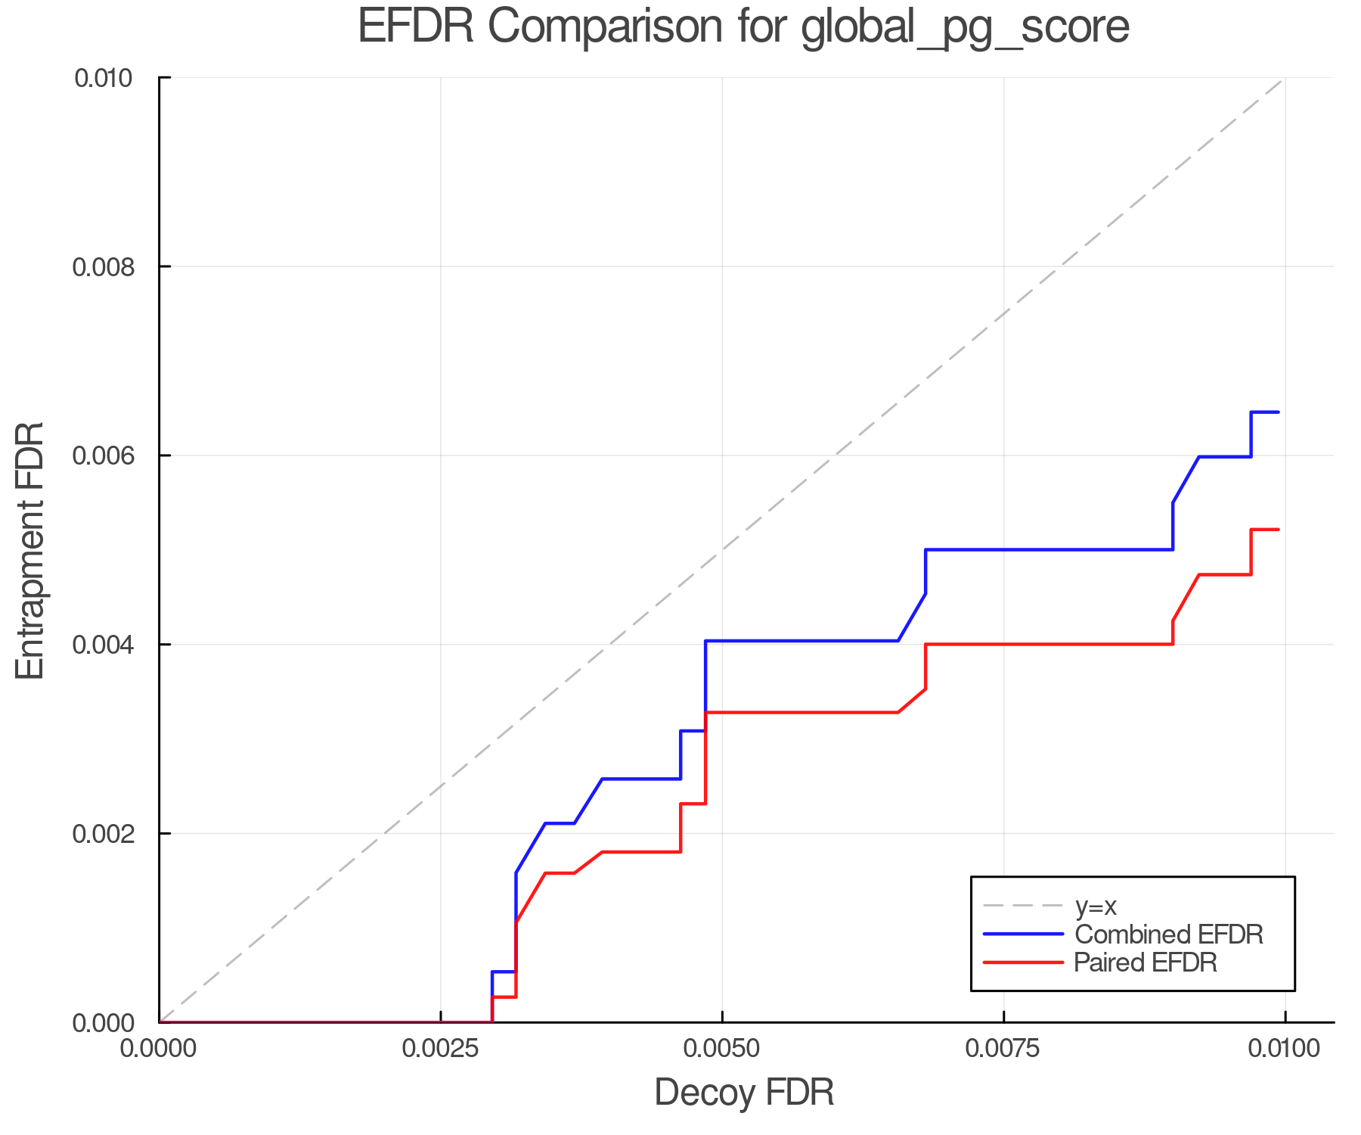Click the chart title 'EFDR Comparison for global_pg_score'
(x=743, y=26)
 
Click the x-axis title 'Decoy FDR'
(x=744, y=1093)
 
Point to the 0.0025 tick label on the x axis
(x=440, y=1048)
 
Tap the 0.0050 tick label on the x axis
(x=722, y=1048)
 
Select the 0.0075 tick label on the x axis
(x=1003, y=1048)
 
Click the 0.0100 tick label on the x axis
(x=1285, y=1048)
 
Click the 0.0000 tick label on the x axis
(x=159, y=1048)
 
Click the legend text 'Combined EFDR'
(x=1168, y=934)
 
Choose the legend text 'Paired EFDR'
(x=1146, y=962)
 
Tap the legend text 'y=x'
(x=1096, y=906)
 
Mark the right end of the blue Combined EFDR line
(x=1278, y=412)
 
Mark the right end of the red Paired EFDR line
(x=1278, y=530)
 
